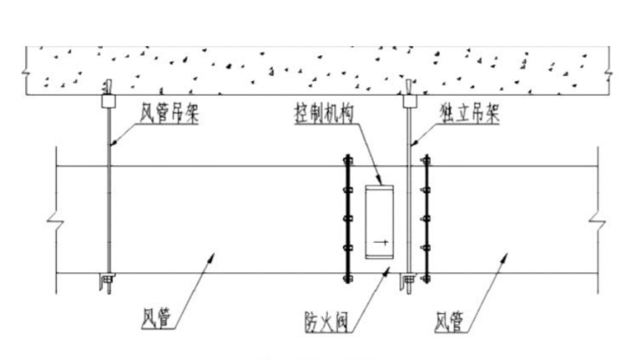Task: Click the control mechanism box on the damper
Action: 382,222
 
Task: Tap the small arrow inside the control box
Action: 381,244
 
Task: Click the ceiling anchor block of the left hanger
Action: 109,100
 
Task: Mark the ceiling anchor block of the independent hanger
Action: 409,100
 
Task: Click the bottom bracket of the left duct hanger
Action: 107,277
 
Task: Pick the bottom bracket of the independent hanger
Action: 408,279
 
